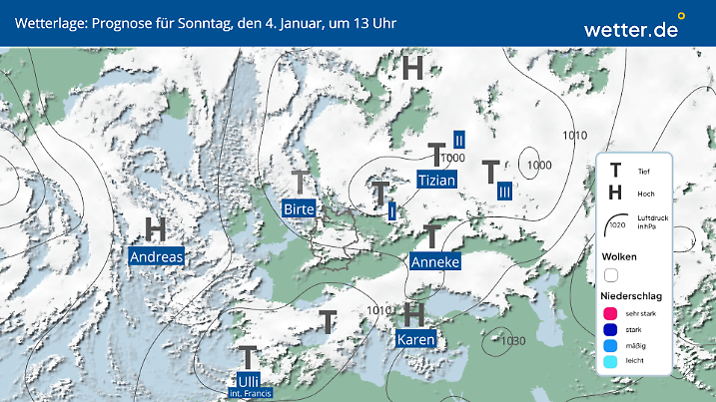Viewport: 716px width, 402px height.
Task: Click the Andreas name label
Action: coord(157,256)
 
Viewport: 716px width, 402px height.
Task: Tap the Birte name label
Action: coord(300,208)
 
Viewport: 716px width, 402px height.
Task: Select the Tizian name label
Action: coord(436,181)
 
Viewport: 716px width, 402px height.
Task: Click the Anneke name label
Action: coord(434,261)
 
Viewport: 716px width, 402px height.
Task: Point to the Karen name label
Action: coord(415,340)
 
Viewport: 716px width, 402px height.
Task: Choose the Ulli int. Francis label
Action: coord(248,385)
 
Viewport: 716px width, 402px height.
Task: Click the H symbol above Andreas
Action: coord(156,229)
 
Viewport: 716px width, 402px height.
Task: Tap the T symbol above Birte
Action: coord(300,183)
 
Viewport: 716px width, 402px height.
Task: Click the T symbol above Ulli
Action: coord(249,357)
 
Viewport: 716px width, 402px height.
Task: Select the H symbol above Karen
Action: coord(414,314)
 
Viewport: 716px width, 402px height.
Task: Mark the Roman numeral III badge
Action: coord(504,191)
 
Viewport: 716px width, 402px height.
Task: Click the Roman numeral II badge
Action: coord(459,141)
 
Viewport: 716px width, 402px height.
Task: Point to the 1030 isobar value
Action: coord(513,341)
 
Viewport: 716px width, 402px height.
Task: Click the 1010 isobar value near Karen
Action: coord(378,311)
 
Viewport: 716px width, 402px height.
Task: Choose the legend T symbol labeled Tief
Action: coord(616,171)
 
